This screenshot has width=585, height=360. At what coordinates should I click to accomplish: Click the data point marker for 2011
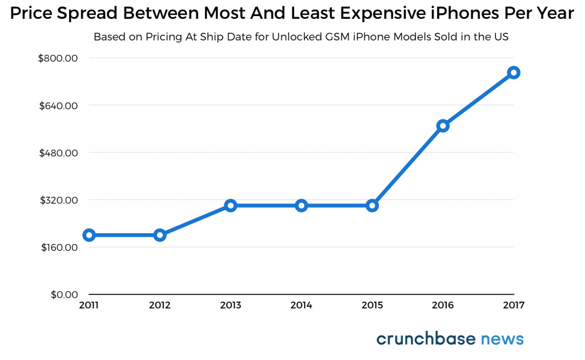(x=89, y=235)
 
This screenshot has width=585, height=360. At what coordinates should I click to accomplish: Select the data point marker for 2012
(x=159, y=235)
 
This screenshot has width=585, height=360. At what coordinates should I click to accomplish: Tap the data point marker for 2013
(x=230, y=205)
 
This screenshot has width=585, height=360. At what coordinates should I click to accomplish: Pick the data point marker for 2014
(x=301, y=205)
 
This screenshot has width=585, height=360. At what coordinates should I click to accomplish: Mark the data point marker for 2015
(x=372, y=205)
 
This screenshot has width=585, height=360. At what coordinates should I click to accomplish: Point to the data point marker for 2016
(x=443, y=126)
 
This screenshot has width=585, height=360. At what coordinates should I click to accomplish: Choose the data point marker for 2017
(x=514, y=73)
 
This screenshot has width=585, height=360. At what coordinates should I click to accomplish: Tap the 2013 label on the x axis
(x=230, y=306)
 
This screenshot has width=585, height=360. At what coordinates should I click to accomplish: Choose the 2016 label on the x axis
(x=443, y=306)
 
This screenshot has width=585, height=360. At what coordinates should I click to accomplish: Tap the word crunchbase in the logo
(x=426, y=339)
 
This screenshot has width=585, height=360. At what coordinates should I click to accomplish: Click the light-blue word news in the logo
(x=502, y=339)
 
